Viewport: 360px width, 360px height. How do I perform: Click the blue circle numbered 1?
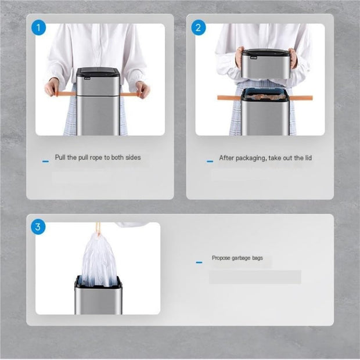(39, 27)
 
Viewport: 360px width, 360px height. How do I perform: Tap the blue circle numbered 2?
(199, 27)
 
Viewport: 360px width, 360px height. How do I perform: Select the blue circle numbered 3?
(39, 226)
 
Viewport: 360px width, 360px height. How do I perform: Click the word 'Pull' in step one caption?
(60, 157)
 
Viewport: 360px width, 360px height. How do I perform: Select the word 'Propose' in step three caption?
(222, 258)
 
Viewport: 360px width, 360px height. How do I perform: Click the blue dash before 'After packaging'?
(210, 161)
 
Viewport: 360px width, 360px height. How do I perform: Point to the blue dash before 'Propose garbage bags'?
(199, 262)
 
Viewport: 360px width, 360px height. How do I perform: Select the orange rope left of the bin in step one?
(66, 93)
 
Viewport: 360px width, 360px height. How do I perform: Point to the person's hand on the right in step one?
(142, 89)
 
